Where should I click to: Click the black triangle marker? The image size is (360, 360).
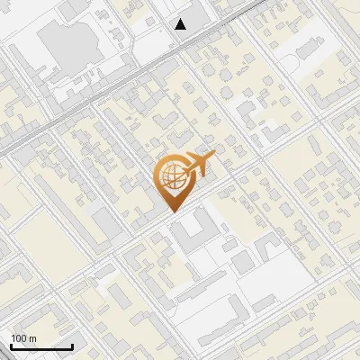pos(181,24)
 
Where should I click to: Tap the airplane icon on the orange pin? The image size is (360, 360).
pos(195,165)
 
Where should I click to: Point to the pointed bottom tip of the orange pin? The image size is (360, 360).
pos(172,211)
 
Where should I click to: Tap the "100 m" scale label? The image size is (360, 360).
pos(23,338)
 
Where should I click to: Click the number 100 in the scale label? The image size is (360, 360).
pos(19,338)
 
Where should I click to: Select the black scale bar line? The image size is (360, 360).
pos(41,346)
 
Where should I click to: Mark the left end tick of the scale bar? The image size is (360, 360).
pos(11,345)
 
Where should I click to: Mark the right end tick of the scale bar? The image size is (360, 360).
pos(72,345)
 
